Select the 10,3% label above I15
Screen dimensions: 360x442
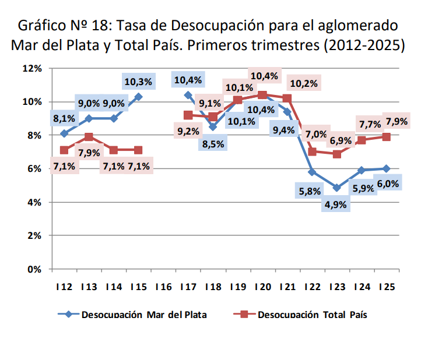coord(138,82)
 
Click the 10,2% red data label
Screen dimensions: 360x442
coord(303,83)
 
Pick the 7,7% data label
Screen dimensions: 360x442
coord(370,124)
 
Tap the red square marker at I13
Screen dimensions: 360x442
coord(89,137)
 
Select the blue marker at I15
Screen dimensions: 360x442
coord(138,96)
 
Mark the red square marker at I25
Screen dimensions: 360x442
coord(385,137)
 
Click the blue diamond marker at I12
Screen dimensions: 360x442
coord(64,133)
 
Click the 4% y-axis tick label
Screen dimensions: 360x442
coord(34,202)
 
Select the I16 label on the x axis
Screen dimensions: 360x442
coord(163,287)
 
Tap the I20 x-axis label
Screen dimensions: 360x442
coord(262,287)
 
